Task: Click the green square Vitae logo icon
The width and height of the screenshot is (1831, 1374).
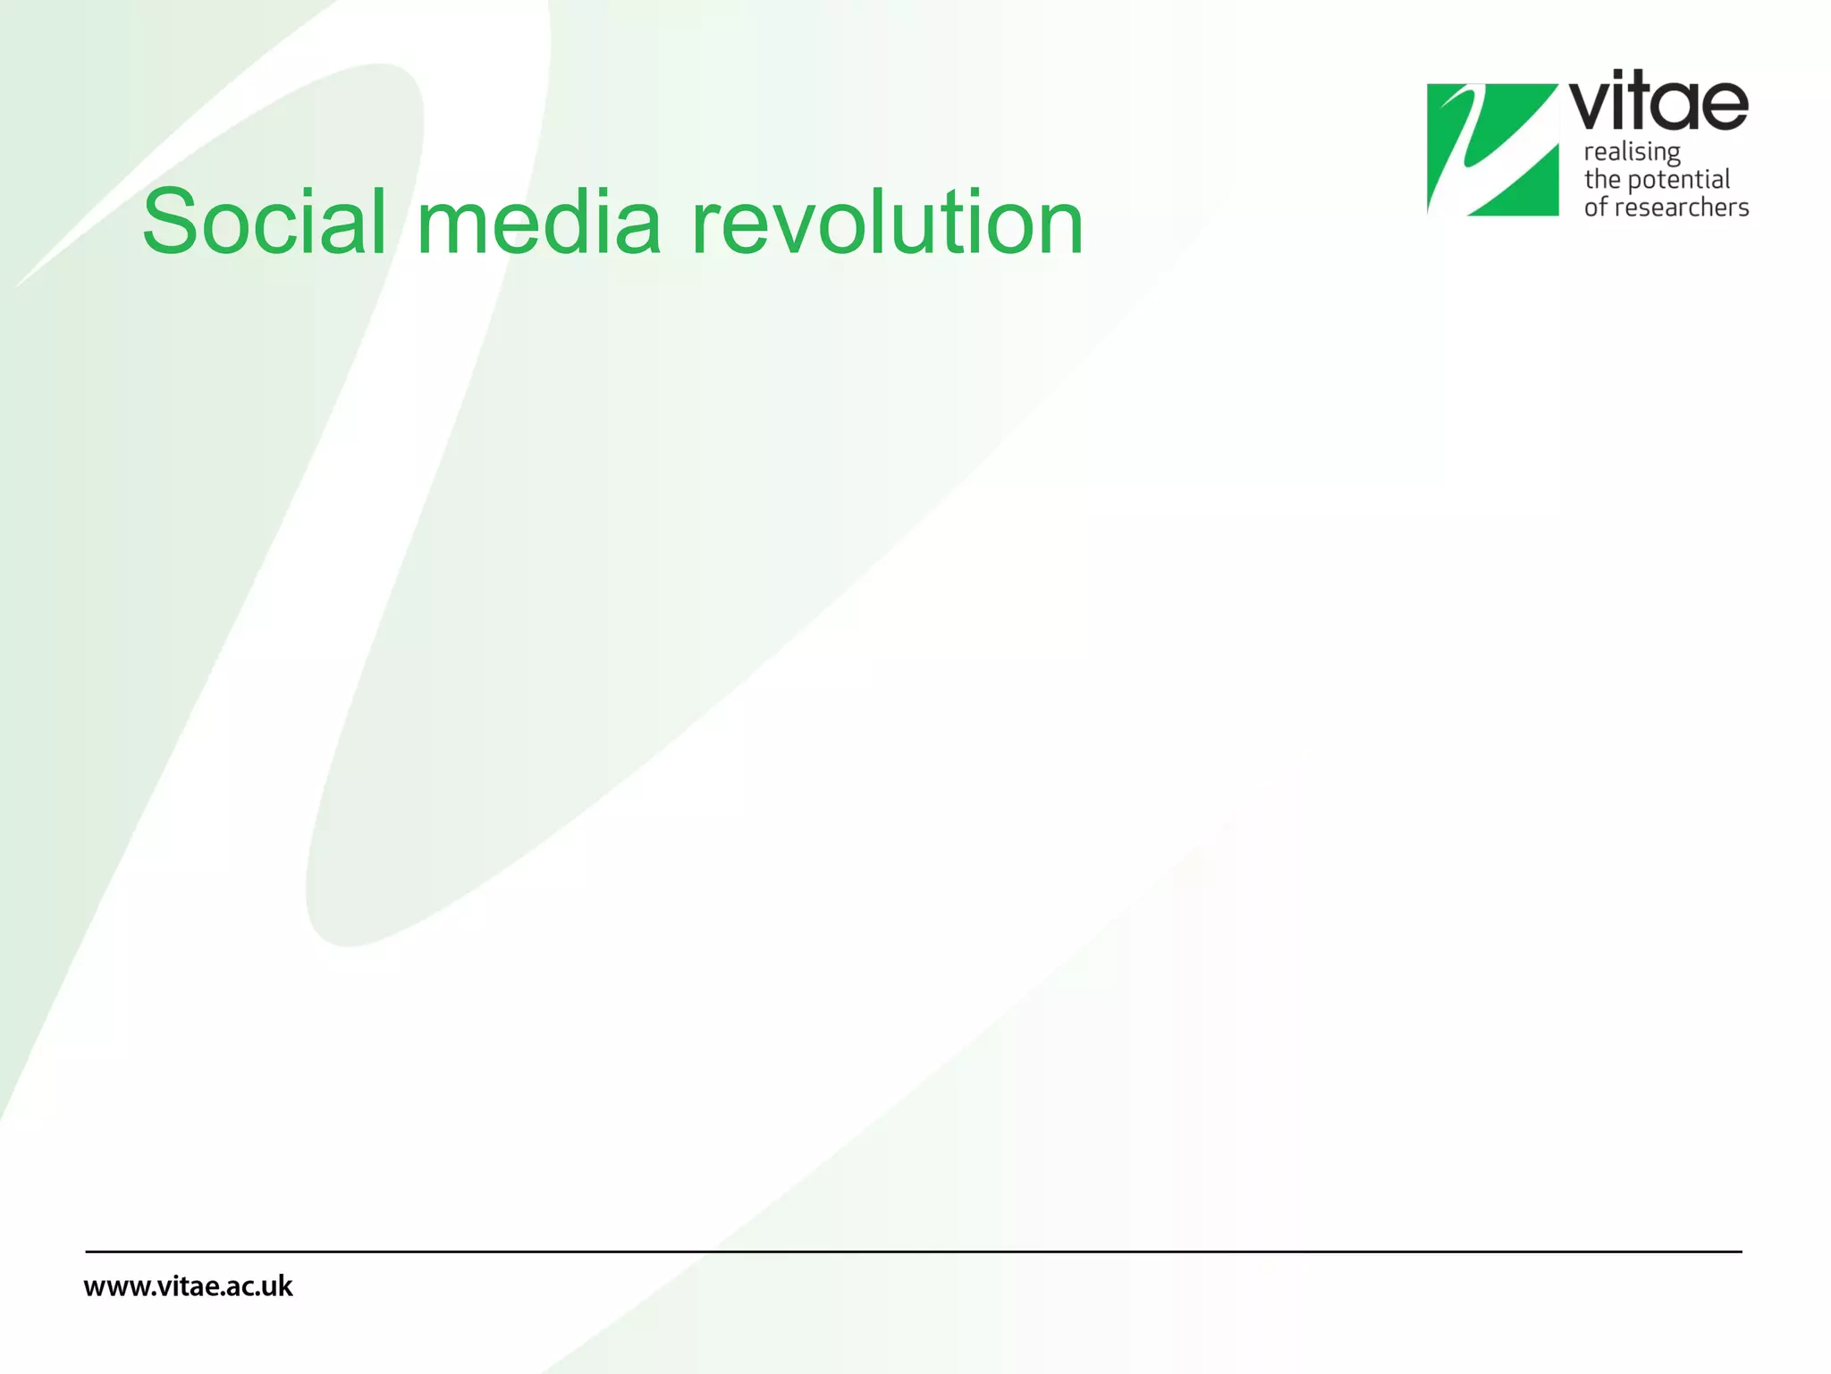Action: point(1492,149)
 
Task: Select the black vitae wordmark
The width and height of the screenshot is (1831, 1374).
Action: point(1658,103)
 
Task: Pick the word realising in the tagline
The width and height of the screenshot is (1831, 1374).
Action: point(1632,152)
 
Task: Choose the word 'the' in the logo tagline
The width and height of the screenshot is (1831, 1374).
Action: point(1602,180)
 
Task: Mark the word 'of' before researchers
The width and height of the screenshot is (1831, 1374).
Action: point(1595,208)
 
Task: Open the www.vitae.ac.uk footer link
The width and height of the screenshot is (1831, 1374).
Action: point(188,1286)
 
